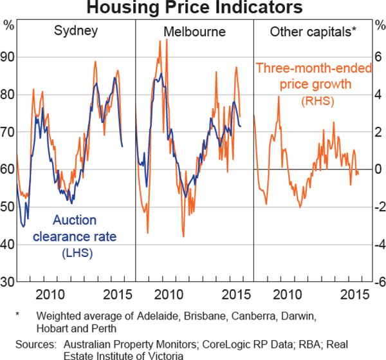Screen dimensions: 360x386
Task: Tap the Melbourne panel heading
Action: [x=194, y=31]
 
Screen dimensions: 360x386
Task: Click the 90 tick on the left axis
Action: [x=8, y=57]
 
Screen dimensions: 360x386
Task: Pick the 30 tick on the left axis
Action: [x=8, y=282]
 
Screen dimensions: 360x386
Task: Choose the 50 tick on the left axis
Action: [x=8, y=207]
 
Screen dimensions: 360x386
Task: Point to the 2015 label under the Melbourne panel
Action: [x=234, y=296]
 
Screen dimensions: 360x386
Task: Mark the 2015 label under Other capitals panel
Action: [x=353, y=296]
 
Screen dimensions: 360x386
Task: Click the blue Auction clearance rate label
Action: [x=78, y=228]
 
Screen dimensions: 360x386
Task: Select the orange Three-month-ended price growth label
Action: [x=313, y=75]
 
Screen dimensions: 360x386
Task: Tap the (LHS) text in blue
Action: [x=77, y=253]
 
